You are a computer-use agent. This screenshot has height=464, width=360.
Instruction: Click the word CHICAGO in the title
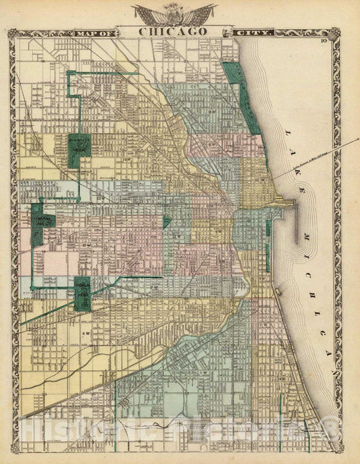[x=174, y=30]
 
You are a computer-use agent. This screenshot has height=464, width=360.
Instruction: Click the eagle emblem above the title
[x=174, y=12]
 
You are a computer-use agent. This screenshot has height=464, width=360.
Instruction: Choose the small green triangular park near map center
[x=166, y=222]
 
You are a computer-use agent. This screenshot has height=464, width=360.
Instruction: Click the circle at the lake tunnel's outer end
[x=357, y=138]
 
